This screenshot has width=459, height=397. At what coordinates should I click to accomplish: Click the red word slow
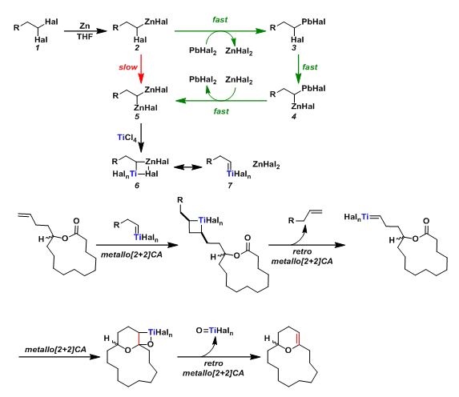pyautogui.click(x=128, y=67)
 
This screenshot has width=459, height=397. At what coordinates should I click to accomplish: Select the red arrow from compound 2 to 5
pyautogui.click(x=141, y=69)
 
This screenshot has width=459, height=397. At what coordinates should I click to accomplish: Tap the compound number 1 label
pyautogui.click(x=38, y=48)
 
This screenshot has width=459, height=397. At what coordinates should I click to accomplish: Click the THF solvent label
pyautogui.click(x=85, y=37)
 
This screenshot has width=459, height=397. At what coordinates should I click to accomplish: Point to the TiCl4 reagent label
pyautogui.click(x=127, y=138)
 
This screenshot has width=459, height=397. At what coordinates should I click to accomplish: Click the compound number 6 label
pyautogui.click(x=137, y=186)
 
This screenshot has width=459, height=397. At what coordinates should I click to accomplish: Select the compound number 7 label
pyautogui.click(x=230, y=186)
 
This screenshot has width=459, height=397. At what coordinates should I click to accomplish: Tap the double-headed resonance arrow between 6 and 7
pyautogui.click(x=188, y=167)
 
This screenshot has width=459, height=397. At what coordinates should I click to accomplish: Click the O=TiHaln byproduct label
pyautogui.click(x=215, y=331)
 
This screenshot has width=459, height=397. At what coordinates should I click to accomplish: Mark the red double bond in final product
pyautogui.click(x=298, y=339)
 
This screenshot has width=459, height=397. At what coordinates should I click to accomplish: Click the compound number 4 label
pyautogui.click(x=294, y=116)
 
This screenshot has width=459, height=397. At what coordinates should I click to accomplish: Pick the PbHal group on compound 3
pyautogui.click(x=313, y=22)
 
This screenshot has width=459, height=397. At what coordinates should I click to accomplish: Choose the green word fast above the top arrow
pyautogui.click(x=219, y=19)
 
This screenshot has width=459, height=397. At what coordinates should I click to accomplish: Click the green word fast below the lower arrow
pyautogui.click(x=221, y=111)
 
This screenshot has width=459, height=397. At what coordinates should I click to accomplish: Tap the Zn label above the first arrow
pyautogui.click(x=85, y=26)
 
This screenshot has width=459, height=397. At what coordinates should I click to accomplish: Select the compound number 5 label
pyautogui.click(x=137, y=116)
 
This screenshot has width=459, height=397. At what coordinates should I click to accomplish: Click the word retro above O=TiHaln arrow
pyautogui.click(x=213, y=363)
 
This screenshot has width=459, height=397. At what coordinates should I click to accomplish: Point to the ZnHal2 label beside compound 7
pyautogui.click(x=266, y=165)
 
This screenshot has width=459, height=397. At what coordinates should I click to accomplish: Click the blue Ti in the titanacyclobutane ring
pyautogui.click(x=202, y=219)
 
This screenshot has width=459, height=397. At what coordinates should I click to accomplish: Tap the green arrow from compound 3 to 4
pyautogui.click(x=298, y=69)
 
